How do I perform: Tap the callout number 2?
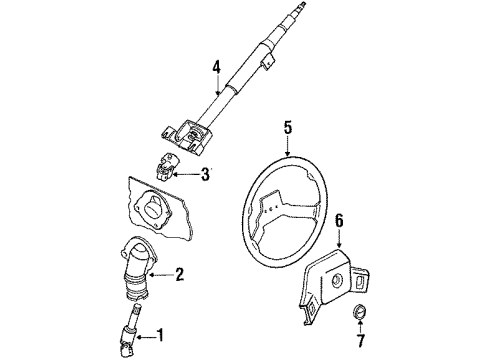pos(179,274)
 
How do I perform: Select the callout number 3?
pos(205,174)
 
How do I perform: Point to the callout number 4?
pos(217,67)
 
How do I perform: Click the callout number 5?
pos(288,128)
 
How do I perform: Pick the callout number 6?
pos(339,221)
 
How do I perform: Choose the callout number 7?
pos(361,340)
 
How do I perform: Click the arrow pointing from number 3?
pos(187,174)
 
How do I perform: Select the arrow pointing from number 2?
pos(162,275)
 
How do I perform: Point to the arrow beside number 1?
pos(146,337)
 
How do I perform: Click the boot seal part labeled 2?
pos(133,267)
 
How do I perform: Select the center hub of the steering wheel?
pos(274,208)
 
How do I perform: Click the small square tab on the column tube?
pos(267,63)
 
